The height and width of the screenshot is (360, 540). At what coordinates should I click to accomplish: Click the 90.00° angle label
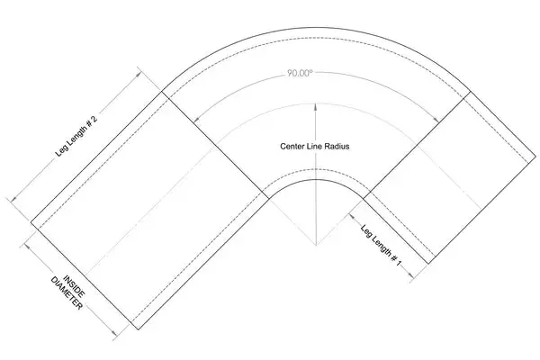coord(300,73)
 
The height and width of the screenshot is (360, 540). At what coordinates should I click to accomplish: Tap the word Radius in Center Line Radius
coord(338,147)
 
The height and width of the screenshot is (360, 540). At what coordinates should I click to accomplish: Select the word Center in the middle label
coord(292,147)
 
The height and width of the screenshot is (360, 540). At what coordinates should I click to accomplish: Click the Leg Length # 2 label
coord(76,137)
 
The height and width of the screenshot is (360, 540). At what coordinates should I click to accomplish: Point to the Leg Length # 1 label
coord(381,246)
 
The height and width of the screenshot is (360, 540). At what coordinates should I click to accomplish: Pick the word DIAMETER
coord(67,293)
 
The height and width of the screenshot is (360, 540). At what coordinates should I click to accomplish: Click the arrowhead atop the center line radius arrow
coord(315,107)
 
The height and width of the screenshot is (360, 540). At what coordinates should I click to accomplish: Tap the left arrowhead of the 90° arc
coord(195,119)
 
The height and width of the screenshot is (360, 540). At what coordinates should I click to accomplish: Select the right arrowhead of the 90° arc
coord(436,119)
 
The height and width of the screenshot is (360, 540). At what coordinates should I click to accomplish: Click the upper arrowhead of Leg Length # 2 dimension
coord(139,73)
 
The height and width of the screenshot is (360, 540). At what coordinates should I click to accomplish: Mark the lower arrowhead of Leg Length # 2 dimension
coord(13,199)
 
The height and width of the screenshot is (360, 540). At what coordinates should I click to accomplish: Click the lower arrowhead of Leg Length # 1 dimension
coord(410,275)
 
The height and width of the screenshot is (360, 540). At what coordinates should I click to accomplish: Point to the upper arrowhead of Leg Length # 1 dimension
coord(352,216)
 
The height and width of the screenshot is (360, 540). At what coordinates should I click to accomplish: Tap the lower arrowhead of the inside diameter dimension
coord(114,334)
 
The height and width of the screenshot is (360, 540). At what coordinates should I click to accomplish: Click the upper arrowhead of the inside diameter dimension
coord(26,246)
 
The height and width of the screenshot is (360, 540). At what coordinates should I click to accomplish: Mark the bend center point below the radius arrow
coord(316,246)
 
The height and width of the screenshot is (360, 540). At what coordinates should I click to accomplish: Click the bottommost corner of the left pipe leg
coord(138,329)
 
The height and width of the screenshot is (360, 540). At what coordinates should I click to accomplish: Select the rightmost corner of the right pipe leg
coord(535,157)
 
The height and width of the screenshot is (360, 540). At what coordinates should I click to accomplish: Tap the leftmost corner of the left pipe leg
coord(31,222)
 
